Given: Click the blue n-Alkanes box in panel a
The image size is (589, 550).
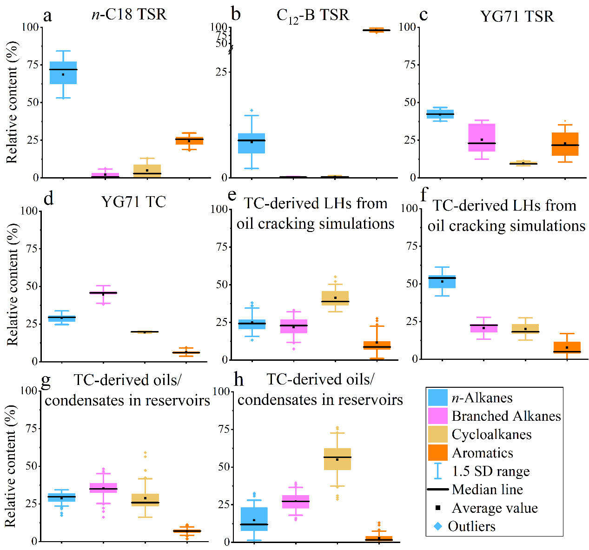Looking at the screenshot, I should click(x=63, y=73).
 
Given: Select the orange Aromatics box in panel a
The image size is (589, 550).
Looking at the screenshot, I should click(x=189, y=141).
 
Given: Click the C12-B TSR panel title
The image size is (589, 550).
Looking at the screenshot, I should click(x=312, y=15).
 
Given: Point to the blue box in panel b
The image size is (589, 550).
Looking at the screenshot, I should click(x=251, y=143).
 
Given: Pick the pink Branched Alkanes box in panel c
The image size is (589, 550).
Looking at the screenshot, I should click(x=482, y=138).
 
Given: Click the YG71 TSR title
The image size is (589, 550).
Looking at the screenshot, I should click(x=517, y=17).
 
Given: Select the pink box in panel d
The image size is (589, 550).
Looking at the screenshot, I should click(x=103, y=293).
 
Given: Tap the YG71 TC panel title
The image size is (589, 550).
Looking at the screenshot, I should click(x=133, y=202).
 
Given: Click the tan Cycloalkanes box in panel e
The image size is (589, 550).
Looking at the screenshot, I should click(x=335, y=298).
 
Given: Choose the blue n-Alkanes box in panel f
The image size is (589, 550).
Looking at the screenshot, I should click(x=442, y=281).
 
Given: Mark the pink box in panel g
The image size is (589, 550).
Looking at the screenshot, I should click(x=103, y=487).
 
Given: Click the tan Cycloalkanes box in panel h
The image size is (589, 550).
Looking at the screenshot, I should click(x=337, y=459).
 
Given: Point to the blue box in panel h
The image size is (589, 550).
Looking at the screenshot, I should click(x=254, y=519).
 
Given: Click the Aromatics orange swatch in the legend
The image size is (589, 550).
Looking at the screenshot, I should click(x=437, y=453).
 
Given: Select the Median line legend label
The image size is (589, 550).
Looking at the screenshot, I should click(x=487, y=490).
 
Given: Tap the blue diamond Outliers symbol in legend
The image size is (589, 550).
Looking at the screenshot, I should click(x=437, y=526).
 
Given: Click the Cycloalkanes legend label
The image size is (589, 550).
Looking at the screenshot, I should click(x=491, y=435).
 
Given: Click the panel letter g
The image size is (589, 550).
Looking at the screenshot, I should click(x=46, y=380).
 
